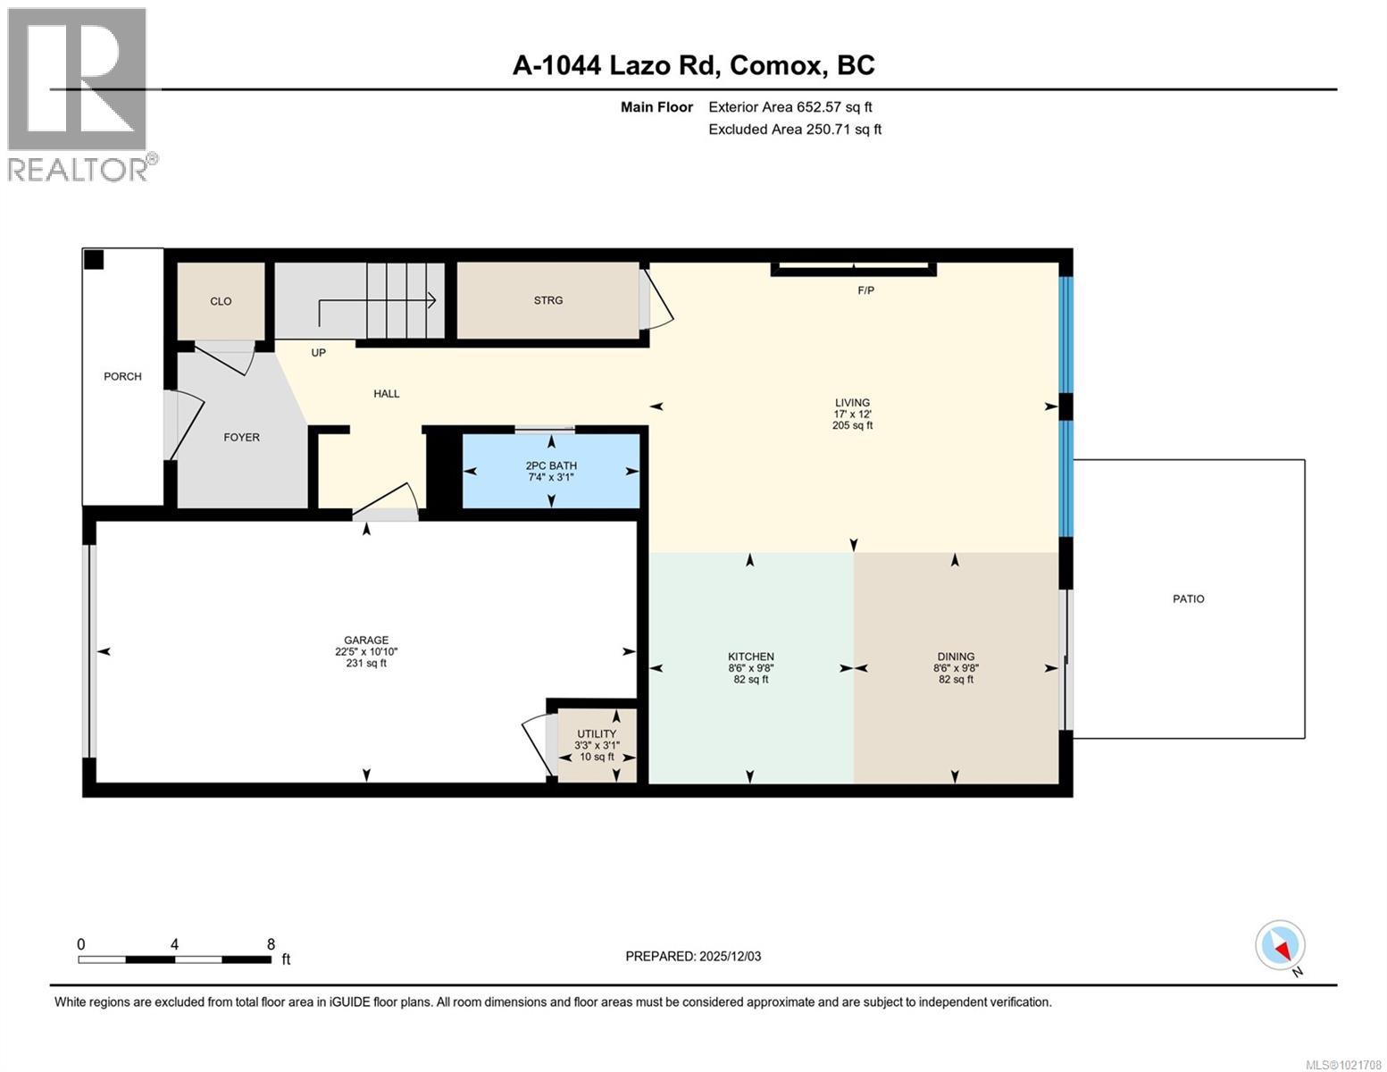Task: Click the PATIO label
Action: point(1188,599)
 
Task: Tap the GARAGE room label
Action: point(366,640)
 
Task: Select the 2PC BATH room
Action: point(551,471)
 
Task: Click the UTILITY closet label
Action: point(597,734)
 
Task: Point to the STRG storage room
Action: point(548,300)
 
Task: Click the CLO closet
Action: point(221,301)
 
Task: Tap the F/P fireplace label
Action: point(865,290)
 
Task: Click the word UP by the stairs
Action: point(318,353)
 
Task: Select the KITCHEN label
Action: point(750,657)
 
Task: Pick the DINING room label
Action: point(956,657)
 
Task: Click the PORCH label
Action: point(122,376)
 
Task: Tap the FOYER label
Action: point(241,437)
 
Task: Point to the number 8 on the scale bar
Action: point(271,943)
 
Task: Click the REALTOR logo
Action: point(78,94)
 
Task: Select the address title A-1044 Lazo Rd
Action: point(693,65)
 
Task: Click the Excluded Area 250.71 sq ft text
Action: point(794,130)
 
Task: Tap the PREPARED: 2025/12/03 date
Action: point(693,956)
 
